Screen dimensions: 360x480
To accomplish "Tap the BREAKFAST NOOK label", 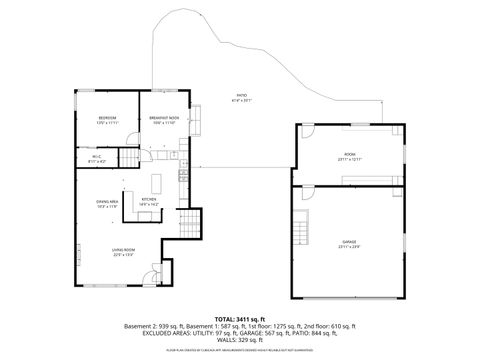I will click(x=165, y=118).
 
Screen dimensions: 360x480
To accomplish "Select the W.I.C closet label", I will click(x=96, y=156).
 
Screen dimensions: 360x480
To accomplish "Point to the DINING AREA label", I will click(x=108, y=202).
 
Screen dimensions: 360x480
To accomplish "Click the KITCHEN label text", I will click(x=148, y=198).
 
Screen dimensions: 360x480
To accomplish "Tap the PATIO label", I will click(x=241, y=96).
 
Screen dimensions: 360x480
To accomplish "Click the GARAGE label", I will click(x=350, y=242).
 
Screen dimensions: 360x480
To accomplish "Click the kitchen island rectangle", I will click(x=156, y=184).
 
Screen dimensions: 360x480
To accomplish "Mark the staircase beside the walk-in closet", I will click(x=128, y=158).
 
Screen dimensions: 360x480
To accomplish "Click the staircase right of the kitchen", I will click(x=186, y=222).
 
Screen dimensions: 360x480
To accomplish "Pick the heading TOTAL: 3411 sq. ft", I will click(x=238, y=316).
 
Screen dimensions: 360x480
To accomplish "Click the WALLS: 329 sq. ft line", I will click(x=238, y=340).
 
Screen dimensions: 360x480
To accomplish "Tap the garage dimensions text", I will click(x=350, y=247).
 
